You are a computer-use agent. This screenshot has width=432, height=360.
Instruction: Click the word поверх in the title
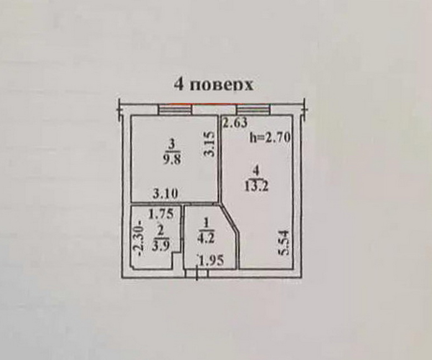tap(221, 85)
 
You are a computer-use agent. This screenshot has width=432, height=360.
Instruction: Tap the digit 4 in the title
tap(179, 85)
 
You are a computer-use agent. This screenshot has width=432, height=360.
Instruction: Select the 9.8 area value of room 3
tap(172, 159)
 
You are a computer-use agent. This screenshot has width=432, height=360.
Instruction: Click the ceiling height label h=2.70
tap(270, 138)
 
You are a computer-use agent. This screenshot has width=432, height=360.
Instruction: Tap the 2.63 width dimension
tap(235, 123)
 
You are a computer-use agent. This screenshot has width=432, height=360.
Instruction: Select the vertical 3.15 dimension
tap(210, 145)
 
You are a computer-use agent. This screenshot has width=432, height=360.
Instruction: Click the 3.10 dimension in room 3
tap(165, 195)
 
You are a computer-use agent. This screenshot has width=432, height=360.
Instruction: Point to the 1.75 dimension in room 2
tap(161, 214)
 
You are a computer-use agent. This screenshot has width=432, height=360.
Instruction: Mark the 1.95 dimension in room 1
tap(212, 260)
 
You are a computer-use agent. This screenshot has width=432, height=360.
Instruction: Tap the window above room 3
tap(175, 109)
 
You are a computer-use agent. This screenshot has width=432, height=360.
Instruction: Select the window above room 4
tap(254, 109)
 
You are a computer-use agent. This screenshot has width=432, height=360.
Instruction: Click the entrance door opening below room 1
tap(197, 272)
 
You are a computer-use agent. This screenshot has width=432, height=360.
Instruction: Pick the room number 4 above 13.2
tap(256, 172)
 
